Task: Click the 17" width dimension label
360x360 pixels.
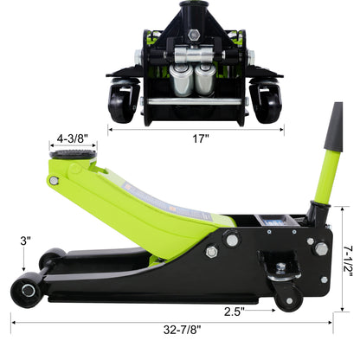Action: coord(201,138)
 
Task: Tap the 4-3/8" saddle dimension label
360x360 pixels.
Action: coord(72,138)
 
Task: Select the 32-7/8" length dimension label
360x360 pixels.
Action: coord(182,330)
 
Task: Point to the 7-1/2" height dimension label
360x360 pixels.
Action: coord(349,260)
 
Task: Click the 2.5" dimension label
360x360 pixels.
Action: coord(235,312)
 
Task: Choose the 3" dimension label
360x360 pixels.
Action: coord(25,241)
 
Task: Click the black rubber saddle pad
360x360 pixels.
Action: coord(73,154)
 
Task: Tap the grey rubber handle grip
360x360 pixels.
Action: coord(335,127)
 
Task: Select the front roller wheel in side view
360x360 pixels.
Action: coord(27,290)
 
